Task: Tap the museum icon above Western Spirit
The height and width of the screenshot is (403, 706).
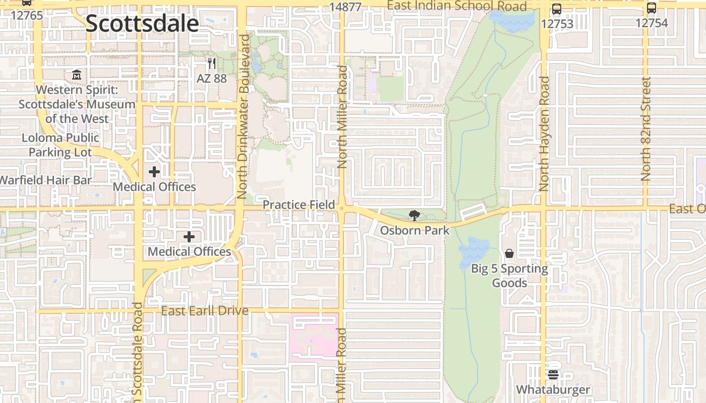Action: click(x=76, y=75)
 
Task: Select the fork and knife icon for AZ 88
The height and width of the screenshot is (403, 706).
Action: click(x=212, y=63)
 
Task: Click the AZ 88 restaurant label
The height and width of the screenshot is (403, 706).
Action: click(x=212, y=79)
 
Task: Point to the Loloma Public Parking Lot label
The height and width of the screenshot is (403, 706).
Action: click(x=61, y=145)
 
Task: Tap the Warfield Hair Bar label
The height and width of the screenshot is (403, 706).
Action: click(x=45, y=180)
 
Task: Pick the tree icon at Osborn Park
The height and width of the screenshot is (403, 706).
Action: click(x=414, y=216)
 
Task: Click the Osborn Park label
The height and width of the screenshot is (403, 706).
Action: click(x=415, y=231)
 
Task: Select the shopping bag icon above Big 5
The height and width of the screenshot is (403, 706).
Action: click(x=509, y=253)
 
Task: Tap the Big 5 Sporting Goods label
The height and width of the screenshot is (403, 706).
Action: click(x=509, y=276)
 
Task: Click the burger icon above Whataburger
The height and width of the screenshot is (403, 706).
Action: click(x=553, y=375)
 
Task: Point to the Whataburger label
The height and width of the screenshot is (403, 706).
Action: click(x=553, y=390)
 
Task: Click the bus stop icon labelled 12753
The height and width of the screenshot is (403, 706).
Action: click(x=557, y=9)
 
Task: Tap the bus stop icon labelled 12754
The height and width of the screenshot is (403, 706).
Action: click(x=652, y=8)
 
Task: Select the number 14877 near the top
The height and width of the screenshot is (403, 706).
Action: click(x=345, y=7)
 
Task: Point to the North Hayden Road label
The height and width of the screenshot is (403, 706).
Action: click(x=544, y=133)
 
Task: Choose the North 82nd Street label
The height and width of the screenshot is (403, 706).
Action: click(x=646, y=129)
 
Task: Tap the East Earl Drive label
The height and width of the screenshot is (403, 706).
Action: click(x=205, y=311)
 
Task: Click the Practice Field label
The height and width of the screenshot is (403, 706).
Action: click(x=299, y=205)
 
